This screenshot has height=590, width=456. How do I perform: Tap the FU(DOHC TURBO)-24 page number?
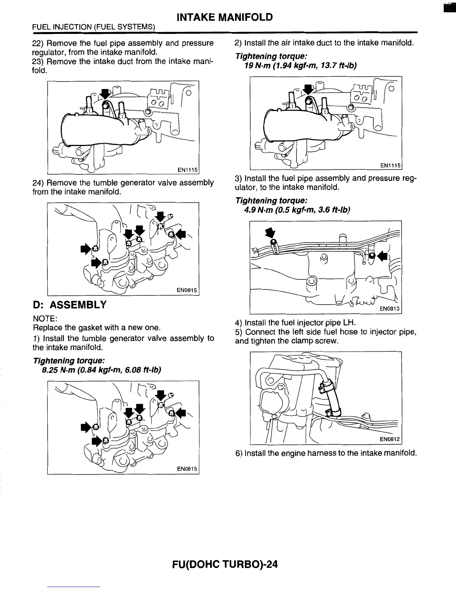pos(225,564)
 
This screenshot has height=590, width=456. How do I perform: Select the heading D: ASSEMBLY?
pos(69,305)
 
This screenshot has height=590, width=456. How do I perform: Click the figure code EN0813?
pos(389,309)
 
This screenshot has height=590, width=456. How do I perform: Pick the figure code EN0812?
pos(389,440)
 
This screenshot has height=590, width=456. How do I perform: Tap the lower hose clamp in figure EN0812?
pos(333,412)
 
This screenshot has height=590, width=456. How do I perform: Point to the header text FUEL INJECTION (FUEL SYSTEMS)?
pos(94,27)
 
